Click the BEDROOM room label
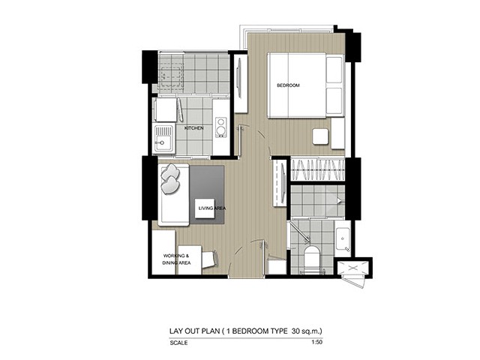[x=288, y=85]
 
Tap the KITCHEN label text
[x=193, y=128]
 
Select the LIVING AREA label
[x=212, y=208]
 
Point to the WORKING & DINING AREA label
[x=176, y=259]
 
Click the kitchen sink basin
[x=163, y=139]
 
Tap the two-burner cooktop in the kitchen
[x=220, y=127]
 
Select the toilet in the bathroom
[x=312, y=259]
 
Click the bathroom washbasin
[x=343, y=239]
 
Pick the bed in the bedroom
[x=305, y=85]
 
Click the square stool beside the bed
[x=320, y=136]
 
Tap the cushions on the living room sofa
[x=170, y=178]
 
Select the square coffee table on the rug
[x=205, y=208]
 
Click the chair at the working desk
[x=210, y=259]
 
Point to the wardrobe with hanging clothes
[x=317, y=169]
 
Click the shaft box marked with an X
[x=353, y=268]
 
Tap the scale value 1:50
[x=316, y=342]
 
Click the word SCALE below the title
[x=178, y=343]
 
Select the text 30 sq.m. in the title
[x=307, y=331]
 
